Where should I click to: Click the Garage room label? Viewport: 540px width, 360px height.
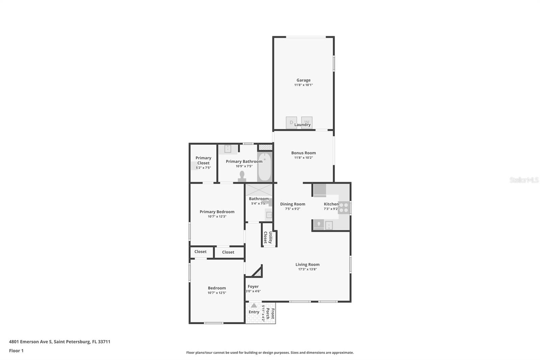click(x=303, y=80)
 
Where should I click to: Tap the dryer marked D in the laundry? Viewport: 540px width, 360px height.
click(x=291, y=122)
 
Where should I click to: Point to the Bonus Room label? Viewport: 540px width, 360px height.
click(x=303, y=153)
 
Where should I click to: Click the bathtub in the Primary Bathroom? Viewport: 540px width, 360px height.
click(x=265, y=167)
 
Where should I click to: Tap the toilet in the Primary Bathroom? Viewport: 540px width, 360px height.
click(x=242, y=176)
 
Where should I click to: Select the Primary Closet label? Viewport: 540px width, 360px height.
click(x=203, y=160)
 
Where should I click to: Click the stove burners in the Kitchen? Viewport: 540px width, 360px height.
click(x=344, y=207)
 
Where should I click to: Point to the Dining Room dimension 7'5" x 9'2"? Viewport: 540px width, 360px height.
click(x=293, y=209)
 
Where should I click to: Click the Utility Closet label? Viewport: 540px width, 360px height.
click(x=268, y=237)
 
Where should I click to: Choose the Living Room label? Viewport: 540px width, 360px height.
click(x=307, y=264)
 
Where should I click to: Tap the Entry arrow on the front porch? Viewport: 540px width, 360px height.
click(x=254, y=306)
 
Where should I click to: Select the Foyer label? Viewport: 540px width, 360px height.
click(x=253, y=286)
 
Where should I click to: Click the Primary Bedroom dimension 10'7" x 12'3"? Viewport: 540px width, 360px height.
click(x=217, y=216)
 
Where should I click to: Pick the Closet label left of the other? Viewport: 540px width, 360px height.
click(x=200, y=252)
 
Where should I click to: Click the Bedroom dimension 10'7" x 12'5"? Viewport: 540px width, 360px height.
click(x=217, y=293)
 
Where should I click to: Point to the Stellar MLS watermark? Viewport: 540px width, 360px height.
click(x=524, y=180)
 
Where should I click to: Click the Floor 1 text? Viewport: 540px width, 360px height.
click(x=16, y=351)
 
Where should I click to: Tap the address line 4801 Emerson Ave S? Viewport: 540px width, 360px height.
click(x=60, y=341)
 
